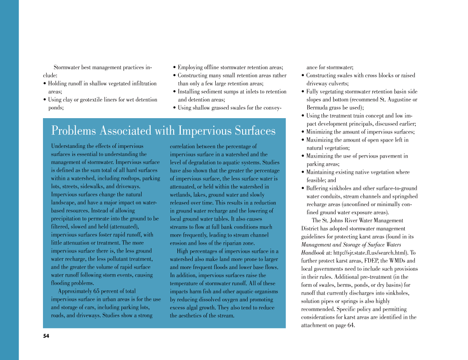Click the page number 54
pyautogui.click(x=46, y=336)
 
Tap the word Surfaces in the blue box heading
pyautogui.click(x=251, y=130)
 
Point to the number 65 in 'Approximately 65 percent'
pyautogui.click(x=97, y=291)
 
